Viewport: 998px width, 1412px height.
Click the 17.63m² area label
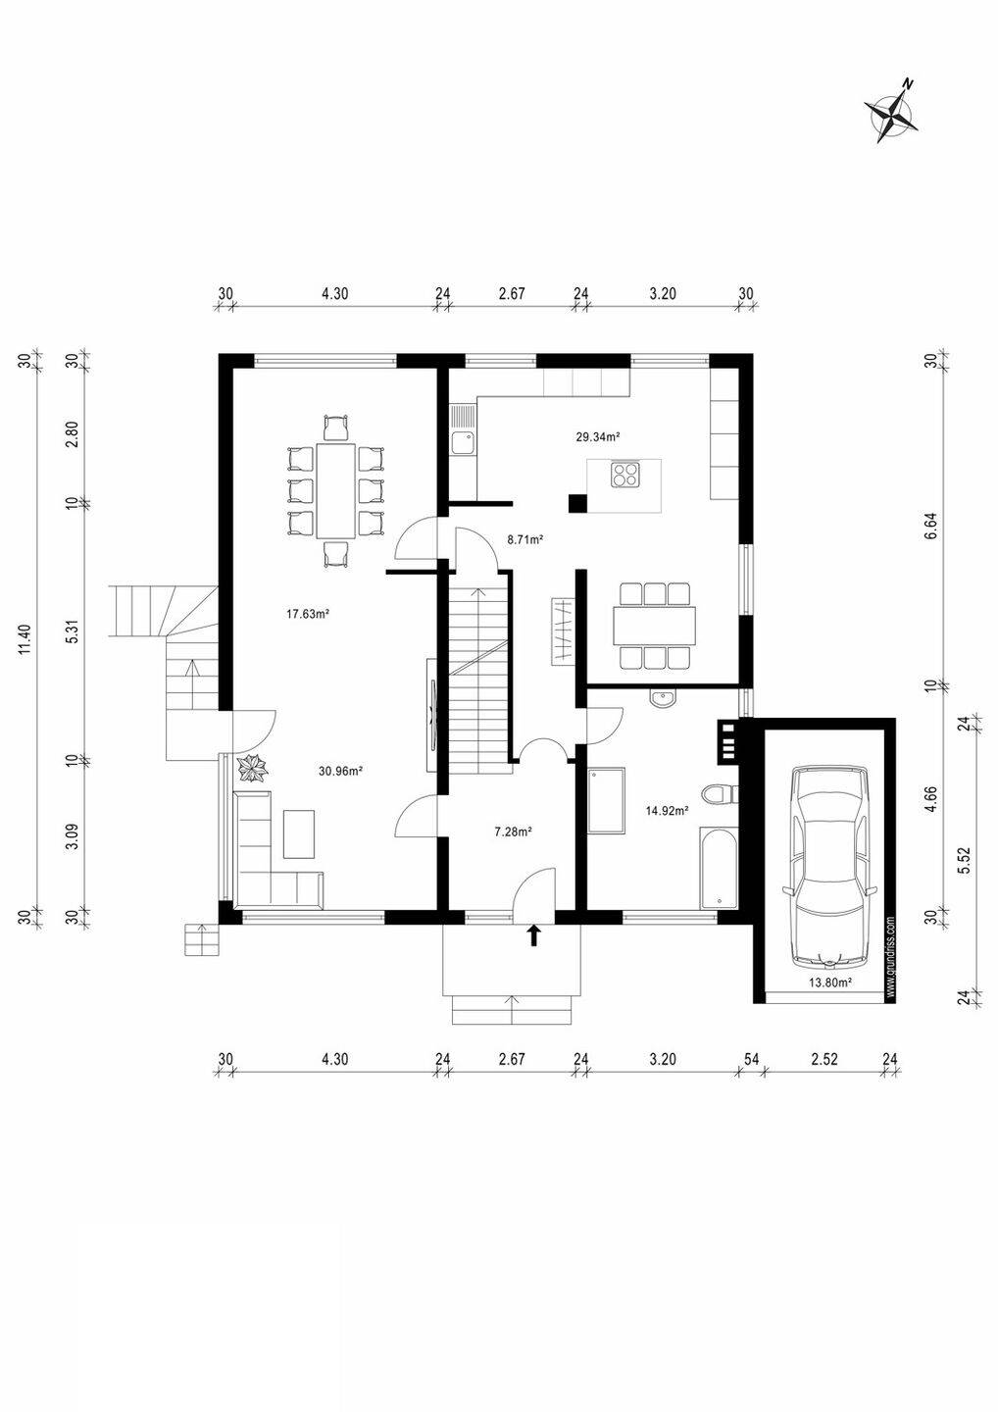(x=309, y=613)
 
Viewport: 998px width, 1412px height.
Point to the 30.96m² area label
(x=340, y=770)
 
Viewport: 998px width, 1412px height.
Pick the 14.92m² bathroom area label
(x=667, y=811)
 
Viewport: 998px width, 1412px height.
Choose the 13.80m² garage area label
(x=830, y=982)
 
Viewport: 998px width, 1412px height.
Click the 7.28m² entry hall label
(x=514, y=832)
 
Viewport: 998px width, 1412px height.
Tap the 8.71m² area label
(x=525, y=539)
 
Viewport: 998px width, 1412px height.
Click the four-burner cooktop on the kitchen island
(x=625, y=475)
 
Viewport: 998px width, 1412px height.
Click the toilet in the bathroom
(x=721, y=793)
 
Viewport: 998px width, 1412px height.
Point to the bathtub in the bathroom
(x=719, y=868)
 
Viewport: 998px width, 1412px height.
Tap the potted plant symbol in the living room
(x=252, y=769)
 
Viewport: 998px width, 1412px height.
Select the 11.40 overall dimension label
(x=25, y=639)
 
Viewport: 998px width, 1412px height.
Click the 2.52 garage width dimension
(x=824, y=1059)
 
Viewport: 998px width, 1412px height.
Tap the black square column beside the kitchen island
(x=577, y=503)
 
